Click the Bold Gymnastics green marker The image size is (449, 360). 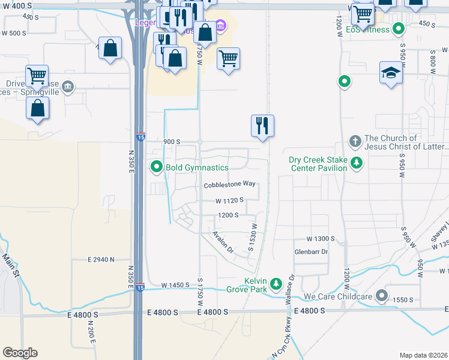[157, 167]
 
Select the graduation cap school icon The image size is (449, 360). [391, 73]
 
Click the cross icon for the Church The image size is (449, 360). [355, 142]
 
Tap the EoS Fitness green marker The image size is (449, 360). [398, 29]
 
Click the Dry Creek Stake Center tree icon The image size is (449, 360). [357, 163]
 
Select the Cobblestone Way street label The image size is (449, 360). [229, 185]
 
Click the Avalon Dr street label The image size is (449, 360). [223, 241]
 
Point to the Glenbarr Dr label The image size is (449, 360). [311, 252]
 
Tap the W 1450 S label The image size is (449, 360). [175, 285]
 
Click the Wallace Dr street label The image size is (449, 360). [292, 286]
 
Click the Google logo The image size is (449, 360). [20, 353]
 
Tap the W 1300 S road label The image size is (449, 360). [320, 239]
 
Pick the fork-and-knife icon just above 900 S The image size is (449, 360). [262, 126]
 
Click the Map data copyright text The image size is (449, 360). [423, 355]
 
